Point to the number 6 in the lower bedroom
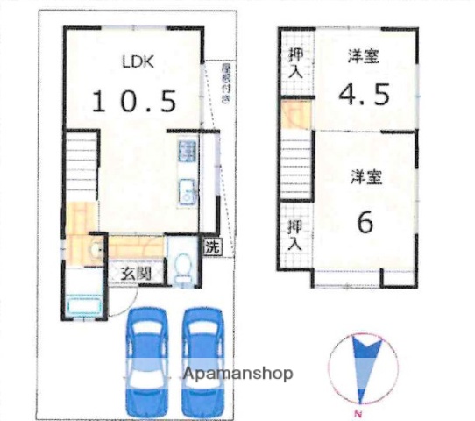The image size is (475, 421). [x=364, y=221]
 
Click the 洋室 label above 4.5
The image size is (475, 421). [x=364, y=59]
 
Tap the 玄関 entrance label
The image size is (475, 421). [x=135, y=273]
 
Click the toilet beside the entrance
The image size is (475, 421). [x=182, y=268]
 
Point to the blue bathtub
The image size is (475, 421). [x=83, y=307]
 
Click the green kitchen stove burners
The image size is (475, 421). [x=186, y=152]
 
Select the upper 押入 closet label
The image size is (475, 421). [x=295, y=63]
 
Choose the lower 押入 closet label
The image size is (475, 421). [x=295, y=235]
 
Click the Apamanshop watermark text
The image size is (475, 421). [x=237, y=374]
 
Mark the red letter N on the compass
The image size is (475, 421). [x=357, y=413]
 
